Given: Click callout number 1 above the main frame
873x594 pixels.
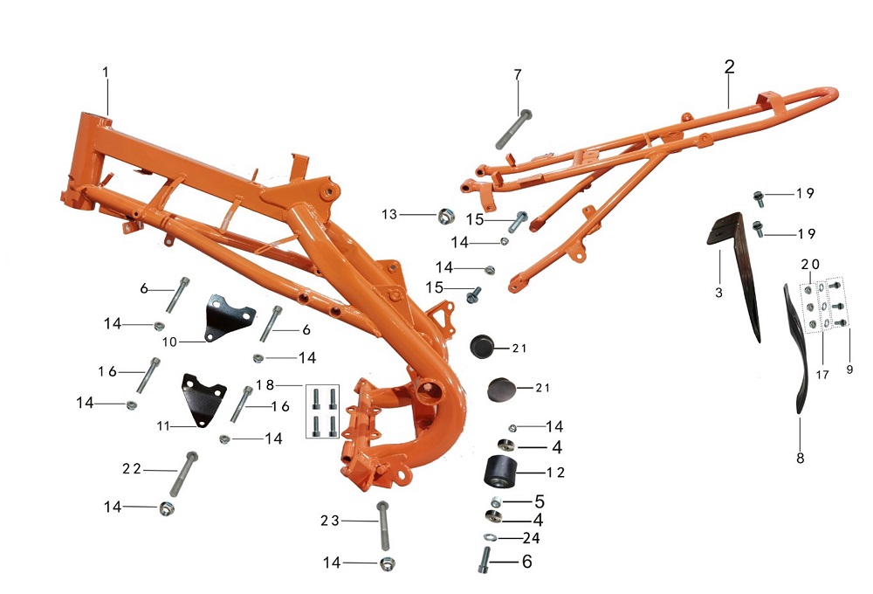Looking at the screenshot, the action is pyautogui.click(x=106, y=73).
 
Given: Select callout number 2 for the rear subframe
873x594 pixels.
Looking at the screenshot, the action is pyautogui.click(x=729, y=67).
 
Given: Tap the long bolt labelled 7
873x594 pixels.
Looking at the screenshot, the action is pyautogui.click(x=513, y=129).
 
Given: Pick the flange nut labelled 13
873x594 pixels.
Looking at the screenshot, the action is pyautogui.click(x=446, y=216).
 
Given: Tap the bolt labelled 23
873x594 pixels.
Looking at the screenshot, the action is pyautogui.click(x=383, y=526).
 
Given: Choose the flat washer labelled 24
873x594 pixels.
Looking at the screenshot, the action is pyautogui.click(x=490, y=537).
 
